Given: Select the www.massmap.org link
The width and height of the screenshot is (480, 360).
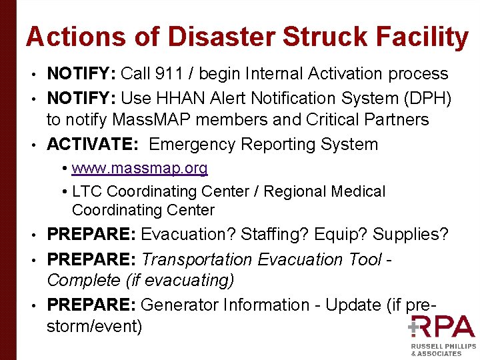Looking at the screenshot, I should (x=139, y=168).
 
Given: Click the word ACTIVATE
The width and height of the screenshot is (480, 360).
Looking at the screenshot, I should (x=93, y=145).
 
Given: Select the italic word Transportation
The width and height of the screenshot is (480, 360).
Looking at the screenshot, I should (x=197, y=259).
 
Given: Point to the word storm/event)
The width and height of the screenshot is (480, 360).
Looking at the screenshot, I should (x=94, y=327).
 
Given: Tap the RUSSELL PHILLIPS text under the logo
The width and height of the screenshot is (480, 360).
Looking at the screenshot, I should (x=443, y=347).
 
